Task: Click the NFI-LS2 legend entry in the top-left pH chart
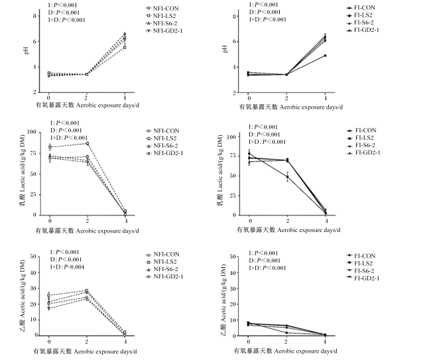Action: pos(161,16)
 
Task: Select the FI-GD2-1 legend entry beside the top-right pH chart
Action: pos(363,30)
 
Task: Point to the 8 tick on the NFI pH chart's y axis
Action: pos(34,16)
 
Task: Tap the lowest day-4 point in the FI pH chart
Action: pos(326,56)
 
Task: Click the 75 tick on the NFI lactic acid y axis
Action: pos(32,152)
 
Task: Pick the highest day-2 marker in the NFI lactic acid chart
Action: pos(88,143)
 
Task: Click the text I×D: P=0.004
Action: pos(67,267)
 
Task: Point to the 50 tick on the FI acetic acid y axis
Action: pos(232,257)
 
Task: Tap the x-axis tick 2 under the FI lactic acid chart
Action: pos(288,220)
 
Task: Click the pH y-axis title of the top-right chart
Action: pos(225,49)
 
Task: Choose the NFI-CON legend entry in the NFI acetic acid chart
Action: pos(162,254)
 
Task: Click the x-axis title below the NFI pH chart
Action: pos(87,105)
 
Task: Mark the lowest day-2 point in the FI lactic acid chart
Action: pos(288,177)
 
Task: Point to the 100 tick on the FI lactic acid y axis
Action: pos(231,137)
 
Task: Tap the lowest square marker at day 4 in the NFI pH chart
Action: pos(125,48)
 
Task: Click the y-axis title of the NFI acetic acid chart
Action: pos(23,296)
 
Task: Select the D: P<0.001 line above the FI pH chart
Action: pos(265,12)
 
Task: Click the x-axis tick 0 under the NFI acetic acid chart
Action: pos(49,341)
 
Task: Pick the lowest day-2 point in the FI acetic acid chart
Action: pos(286,333)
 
